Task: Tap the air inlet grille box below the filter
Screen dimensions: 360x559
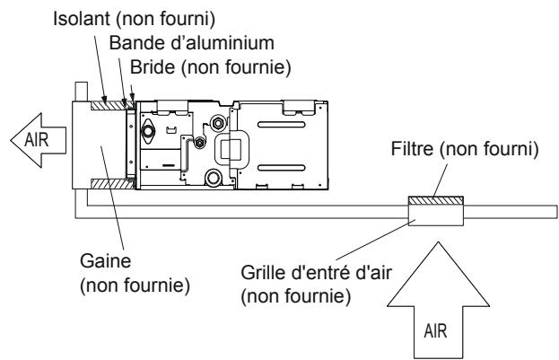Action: pyautogui.click(x=434, y=216)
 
